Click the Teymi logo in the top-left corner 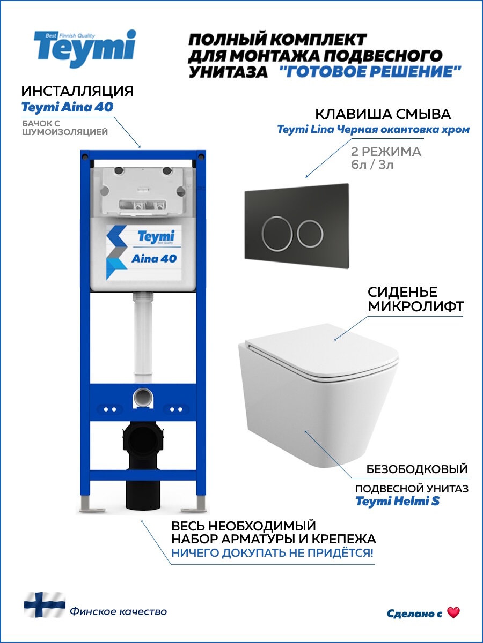click(84, 48)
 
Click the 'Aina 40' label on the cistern click(154, 258)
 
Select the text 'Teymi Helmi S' click(397, 502)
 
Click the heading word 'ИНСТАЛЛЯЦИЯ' click(77, 91)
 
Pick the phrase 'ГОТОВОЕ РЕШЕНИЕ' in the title click(370, 72)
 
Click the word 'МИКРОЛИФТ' click(415, 306)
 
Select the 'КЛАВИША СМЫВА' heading click(383, 114)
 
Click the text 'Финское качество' click(118, 611)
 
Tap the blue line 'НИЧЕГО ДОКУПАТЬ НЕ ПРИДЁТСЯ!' click(273, 552)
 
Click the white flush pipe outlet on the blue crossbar click(143, 398)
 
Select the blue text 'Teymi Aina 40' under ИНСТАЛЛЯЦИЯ click(67, 107)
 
